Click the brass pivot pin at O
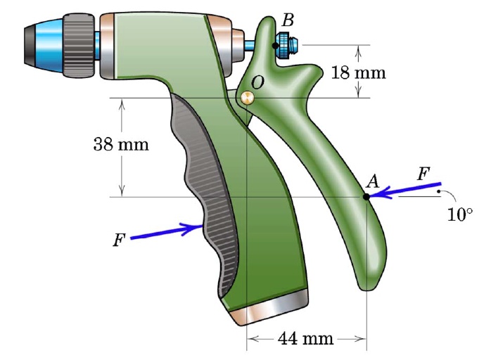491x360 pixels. pyautogui.click(x=246, y=98)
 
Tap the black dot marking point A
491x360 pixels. pyautogui.click(x=366, y=197)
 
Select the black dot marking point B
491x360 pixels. pyautogui.click(x=275, y=45)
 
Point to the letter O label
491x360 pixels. pyautogui.click(x=257, y=82)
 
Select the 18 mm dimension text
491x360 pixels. pyautogui.click(x=357, y=72)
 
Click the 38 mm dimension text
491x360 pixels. pyautogui.click(x=121, y=145)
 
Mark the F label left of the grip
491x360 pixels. pyautogui.click(x=120, y=240)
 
